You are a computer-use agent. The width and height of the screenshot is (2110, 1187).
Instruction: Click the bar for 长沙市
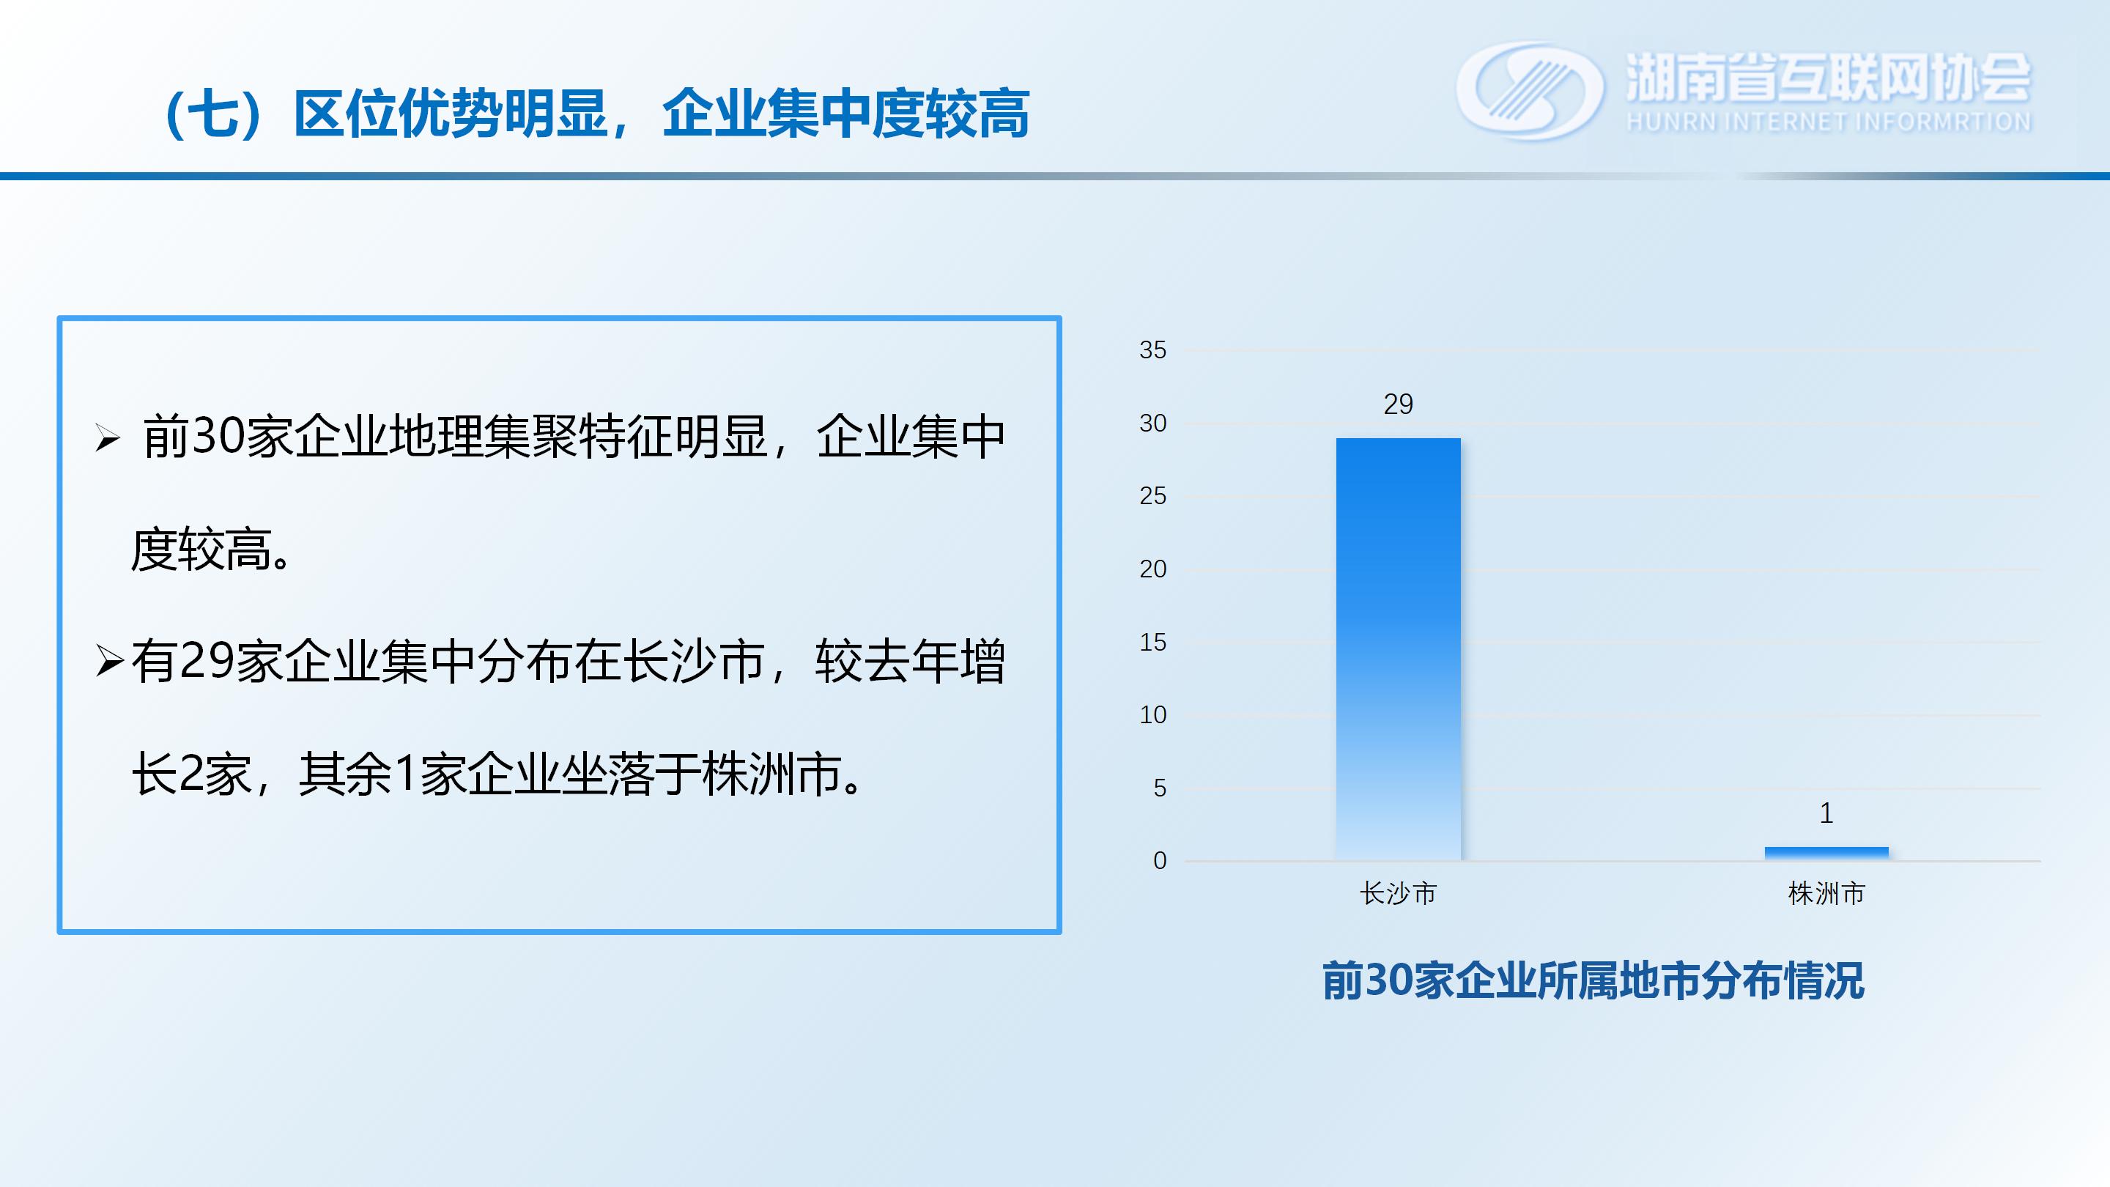tap(1397, 648)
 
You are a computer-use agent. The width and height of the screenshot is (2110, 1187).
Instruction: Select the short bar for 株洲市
tap(1826, 853)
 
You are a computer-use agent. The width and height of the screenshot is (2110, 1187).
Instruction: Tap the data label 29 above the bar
tap(1398, 404)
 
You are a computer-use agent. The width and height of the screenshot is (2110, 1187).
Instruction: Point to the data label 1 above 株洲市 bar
tap(1826, 813)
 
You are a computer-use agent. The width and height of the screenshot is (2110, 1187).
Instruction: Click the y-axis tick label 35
tap(1152, 350)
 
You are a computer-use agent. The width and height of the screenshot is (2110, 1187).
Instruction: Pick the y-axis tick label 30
tap(1152, 423)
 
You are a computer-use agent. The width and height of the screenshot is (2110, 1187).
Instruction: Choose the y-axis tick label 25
tap(1152, 495)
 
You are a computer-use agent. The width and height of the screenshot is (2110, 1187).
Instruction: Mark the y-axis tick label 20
tap(1152, 569)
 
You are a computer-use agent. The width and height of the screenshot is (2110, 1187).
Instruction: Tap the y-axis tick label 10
tap(1152, 714)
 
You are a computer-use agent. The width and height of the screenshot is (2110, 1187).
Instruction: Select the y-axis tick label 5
tap(1160, 787)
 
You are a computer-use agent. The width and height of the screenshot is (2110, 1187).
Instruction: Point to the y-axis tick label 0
tap(1160, 860)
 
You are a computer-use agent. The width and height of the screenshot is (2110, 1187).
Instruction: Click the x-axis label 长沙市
tap(1398, 893)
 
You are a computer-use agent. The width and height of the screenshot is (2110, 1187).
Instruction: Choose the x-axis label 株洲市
tap(1826, 893)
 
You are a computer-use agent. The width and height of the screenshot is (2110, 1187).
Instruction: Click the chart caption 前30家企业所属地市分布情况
tap(1593, 980)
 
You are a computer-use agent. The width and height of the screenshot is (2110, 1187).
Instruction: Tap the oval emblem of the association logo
tap(1529, 90)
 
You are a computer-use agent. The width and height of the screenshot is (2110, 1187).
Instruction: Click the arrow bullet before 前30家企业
tap(107, 438)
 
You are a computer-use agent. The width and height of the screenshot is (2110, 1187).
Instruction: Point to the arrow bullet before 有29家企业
tap(109, 660)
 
